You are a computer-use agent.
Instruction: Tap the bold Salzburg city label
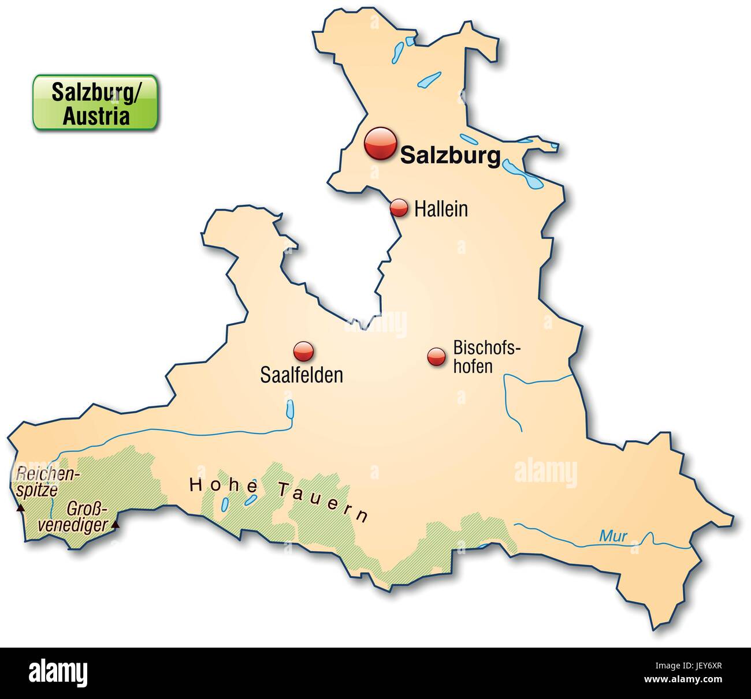coord(450,155)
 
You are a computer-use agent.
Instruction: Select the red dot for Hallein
coord(399,208)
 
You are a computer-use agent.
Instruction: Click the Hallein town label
coord(441,209)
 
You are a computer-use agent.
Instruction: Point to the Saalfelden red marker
coord(303,351)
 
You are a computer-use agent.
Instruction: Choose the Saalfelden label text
coord(302,375)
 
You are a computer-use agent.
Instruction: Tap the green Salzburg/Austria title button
coord(95,102)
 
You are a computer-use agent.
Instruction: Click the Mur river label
coord(613,536)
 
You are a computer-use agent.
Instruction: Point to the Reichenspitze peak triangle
coord(20,509)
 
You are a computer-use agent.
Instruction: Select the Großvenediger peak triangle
coord(116,525)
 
